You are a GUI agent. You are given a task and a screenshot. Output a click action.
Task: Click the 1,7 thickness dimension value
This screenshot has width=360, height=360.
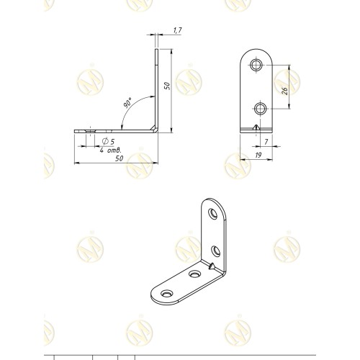(178, 30)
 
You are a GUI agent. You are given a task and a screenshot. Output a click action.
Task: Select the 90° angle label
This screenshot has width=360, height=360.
(127, 103)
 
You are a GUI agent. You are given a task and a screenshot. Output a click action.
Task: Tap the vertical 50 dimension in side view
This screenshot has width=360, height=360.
(167, 86)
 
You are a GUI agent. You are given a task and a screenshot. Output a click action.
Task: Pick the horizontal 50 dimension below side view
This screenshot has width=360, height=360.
(120, 158)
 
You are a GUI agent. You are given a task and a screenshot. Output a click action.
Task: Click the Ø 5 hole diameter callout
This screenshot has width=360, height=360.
(108, 141)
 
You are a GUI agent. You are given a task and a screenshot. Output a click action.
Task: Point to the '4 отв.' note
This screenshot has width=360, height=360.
(111, 150)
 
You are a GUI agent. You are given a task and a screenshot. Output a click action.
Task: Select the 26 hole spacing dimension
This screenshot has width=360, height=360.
(284, 91)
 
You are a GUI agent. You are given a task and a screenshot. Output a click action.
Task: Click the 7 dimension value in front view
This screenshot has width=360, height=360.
(266, 142)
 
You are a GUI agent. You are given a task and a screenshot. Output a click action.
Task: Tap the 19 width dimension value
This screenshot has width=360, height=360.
(258, 156)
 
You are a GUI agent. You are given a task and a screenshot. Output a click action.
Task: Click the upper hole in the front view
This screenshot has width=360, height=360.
(256, 65)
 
